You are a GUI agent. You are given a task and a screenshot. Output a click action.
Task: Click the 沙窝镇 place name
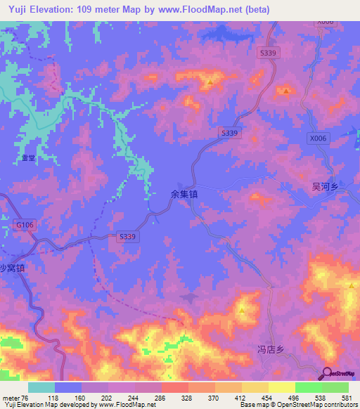(x=12, y=268)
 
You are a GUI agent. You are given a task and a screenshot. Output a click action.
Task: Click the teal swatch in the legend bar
(x=41, y=387)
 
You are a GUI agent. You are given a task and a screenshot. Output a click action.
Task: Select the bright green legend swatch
(x=309, y=387)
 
